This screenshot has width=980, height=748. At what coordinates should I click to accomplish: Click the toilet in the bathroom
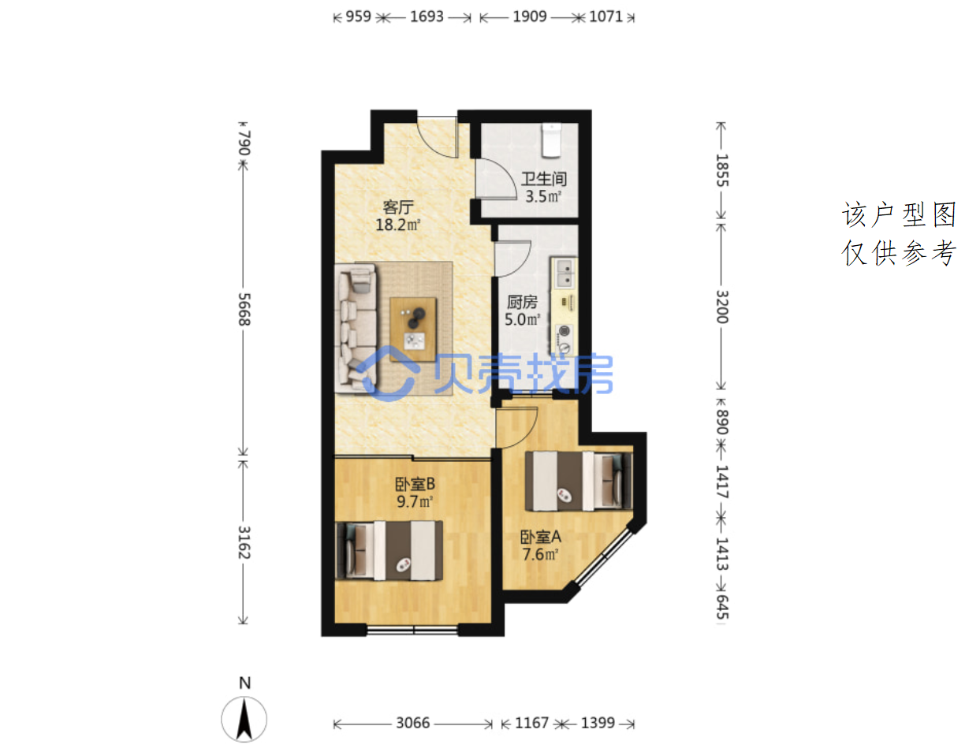pos(551,140)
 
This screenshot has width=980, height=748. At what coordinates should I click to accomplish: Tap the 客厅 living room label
pos(398,207)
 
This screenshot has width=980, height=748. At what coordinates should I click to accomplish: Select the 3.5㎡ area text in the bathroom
pos(542,196)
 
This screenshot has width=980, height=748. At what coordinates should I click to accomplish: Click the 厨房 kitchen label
pos(521,302)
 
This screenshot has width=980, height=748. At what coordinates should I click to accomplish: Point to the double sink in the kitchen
pos(565,273)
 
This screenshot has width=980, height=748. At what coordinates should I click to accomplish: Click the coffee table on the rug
pos(413,329)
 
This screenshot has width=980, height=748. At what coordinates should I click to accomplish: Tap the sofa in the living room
pos(356,328)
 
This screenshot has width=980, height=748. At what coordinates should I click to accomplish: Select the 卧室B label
pos(415,484)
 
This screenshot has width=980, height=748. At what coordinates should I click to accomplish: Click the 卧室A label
pos(540,537)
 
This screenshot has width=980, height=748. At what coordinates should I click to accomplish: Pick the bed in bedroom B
pos(389,551)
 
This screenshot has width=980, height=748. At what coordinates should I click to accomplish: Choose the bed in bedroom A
pos(578,481)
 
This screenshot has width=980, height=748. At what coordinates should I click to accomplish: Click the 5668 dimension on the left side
pos(244,309)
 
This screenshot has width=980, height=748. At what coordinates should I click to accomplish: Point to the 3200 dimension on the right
pos(722,307)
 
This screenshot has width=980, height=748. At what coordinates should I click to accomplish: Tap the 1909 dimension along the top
pos(530,17)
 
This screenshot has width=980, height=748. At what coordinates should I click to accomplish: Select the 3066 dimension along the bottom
pos(413,723)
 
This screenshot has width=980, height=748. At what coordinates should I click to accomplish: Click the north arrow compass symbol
pos(244,720)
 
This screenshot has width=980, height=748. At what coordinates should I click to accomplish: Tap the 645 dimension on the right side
pos(722,607)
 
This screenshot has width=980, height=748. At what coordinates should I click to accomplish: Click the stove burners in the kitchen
pos(565,339)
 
